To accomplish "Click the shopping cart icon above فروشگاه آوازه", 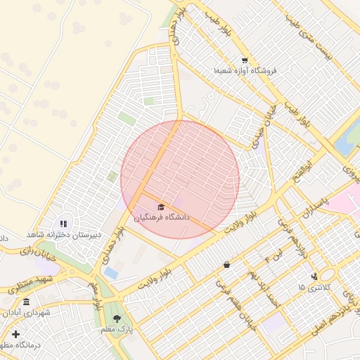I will [x=244, y=60].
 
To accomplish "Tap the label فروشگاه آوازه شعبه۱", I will [x=245, y=71].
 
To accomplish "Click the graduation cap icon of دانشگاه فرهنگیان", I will [x=161, y=207].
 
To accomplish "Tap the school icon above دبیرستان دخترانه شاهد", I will [x=63, y=224].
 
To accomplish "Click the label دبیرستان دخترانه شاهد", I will [x=65, y=233].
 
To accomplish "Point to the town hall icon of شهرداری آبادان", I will [x=26, y=302].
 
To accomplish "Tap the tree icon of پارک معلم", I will [x=117, y=319].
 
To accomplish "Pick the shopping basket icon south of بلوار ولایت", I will [x=226, y=265].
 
